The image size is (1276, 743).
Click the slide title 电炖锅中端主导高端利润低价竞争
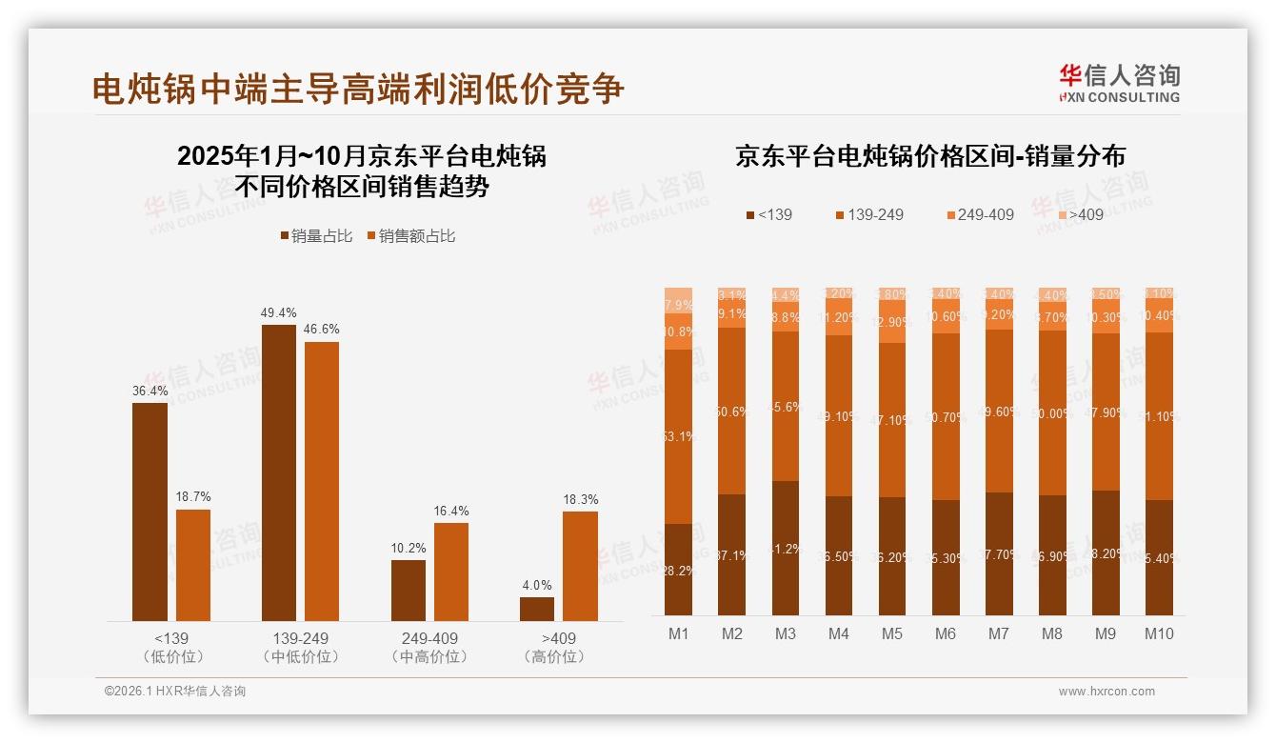pos(358,89)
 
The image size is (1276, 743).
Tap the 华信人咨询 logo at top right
pos(1119,83)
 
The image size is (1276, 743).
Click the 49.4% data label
pos(278,312)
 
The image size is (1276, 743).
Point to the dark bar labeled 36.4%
pos(150,512)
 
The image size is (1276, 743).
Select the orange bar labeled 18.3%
pos(580,566)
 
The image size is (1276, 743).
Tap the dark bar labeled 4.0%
pos(537,609)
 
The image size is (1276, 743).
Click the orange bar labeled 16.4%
pos(450,572)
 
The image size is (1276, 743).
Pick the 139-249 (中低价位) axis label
pos(300,647)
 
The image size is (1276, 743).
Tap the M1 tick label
pos(678,633)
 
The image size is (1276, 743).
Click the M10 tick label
pos(1158,633)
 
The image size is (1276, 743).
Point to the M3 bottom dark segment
pos(785,548)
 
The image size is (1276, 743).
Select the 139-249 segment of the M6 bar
pos(945,416)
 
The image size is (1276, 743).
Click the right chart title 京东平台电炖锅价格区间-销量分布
pos(929,157)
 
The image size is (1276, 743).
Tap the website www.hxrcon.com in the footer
pos(1107,692)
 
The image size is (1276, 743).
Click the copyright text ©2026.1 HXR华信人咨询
pos(175,692)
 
